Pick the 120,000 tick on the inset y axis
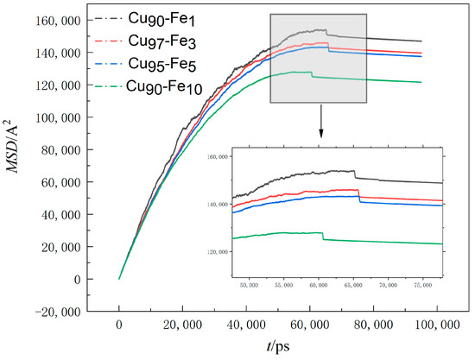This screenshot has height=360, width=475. tap(218, 252)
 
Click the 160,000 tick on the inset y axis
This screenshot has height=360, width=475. tap(218, 157)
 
